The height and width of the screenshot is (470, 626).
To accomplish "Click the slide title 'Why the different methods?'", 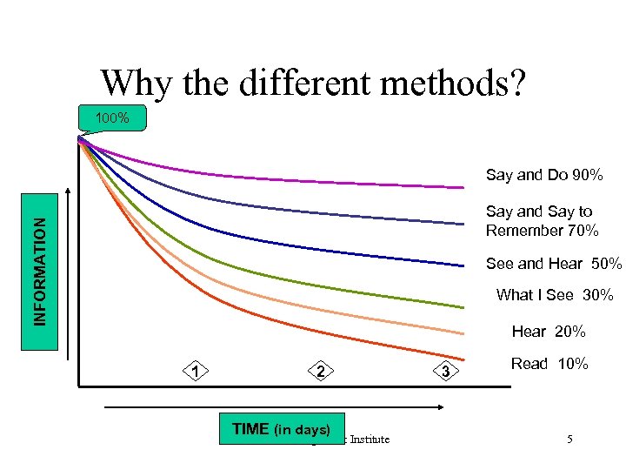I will tap(312, 84).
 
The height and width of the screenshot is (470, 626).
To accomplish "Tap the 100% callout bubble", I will tap(113, 117).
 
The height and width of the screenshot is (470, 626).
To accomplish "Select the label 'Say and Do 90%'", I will tap(544, 175).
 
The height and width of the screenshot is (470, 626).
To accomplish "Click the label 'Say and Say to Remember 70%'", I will tap(542, 221).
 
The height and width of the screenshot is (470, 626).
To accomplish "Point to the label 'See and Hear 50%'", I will tap(554, 264).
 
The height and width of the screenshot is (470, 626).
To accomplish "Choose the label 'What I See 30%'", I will tap(555, 295).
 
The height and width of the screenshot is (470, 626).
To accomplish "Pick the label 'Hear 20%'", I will tap(549, 332).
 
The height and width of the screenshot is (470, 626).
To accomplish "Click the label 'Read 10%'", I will tap(549, 364).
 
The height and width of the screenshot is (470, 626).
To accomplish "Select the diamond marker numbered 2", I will tap(321, 372).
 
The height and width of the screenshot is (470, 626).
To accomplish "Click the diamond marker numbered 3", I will tap(444, 373).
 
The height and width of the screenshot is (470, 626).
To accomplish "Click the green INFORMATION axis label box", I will tap(41, 272).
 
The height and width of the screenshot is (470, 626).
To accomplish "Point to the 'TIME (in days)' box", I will tap(281, 429).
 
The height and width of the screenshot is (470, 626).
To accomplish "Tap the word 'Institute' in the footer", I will tap(366, 440).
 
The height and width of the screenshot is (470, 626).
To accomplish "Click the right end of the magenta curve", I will tap(462, 186).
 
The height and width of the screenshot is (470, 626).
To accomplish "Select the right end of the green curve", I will tap(462, 307).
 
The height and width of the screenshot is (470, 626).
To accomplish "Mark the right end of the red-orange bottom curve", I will tap(462, 355).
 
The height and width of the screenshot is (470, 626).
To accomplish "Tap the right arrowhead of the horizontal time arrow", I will tap(446, 406).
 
